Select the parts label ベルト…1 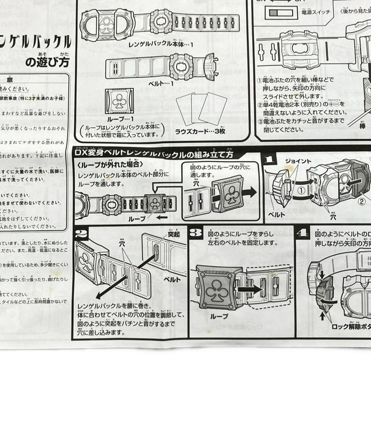click(x=161, y=84)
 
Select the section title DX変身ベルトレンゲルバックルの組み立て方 click(x=154, y=153)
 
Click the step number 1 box click(x=270, y=160)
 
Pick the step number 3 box click(x=196, y=233)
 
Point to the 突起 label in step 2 click(x=174, y=234)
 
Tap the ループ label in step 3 click(x=219, y=316)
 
